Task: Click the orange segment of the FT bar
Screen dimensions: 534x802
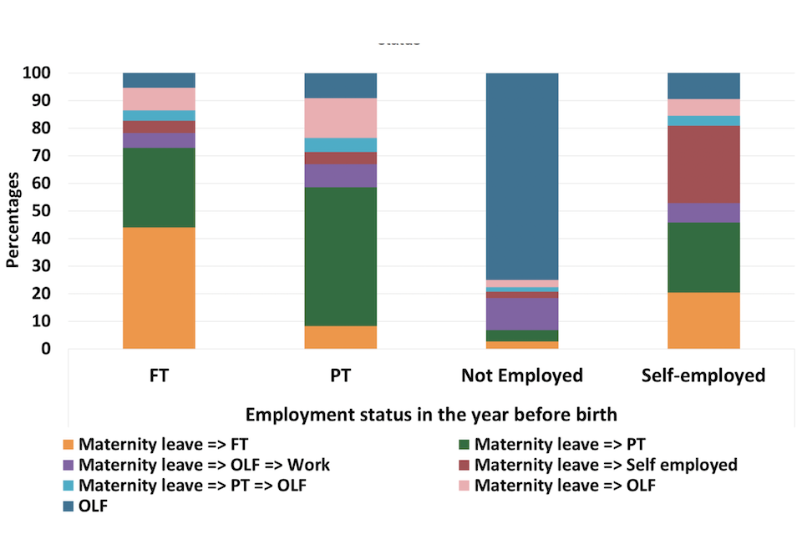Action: pyautogui.click(x=159, y=288)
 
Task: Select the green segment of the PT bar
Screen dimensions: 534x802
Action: pyautogui.click(x=340, y=256)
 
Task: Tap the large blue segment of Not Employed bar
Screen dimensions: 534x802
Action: pyautogui.click(x=522, y=175)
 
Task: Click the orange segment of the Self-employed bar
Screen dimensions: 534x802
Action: pyautogui.click(x=703, y=320)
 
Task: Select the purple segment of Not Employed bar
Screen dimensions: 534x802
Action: pyautogui.click(x=522, y=314)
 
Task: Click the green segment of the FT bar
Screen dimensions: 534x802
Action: pyautogui.click(x=159, y=188)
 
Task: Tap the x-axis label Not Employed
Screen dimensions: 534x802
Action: pyautogui.click(x=522, y=375)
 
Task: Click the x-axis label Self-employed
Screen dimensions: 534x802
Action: pyautogui.click(x=703, y=375)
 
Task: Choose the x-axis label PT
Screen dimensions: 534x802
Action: pyautogui.click(x=340, y=375)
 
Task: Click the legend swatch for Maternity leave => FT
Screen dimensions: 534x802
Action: pyautogui.click(x=69, y=445)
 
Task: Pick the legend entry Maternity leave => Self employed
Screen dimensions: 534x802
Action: pyautogui.click(x=606, y=465)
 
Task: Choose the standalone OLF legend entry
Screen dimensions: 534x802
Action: pyautogui.click(x=93, y=505)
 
